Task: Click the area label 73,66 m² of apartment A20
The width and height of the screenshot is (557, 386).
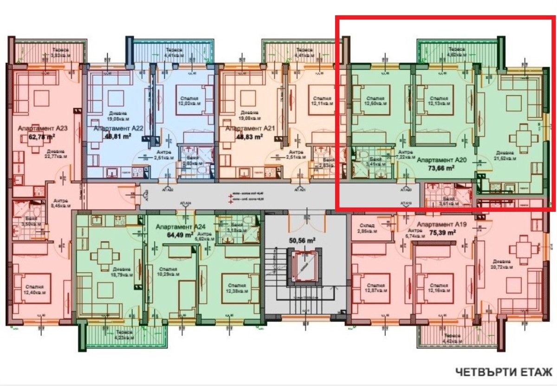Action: (x=441, y=169)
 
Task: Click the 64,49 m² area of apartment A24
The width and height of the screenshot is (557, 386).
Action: (x=180, y=235)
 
